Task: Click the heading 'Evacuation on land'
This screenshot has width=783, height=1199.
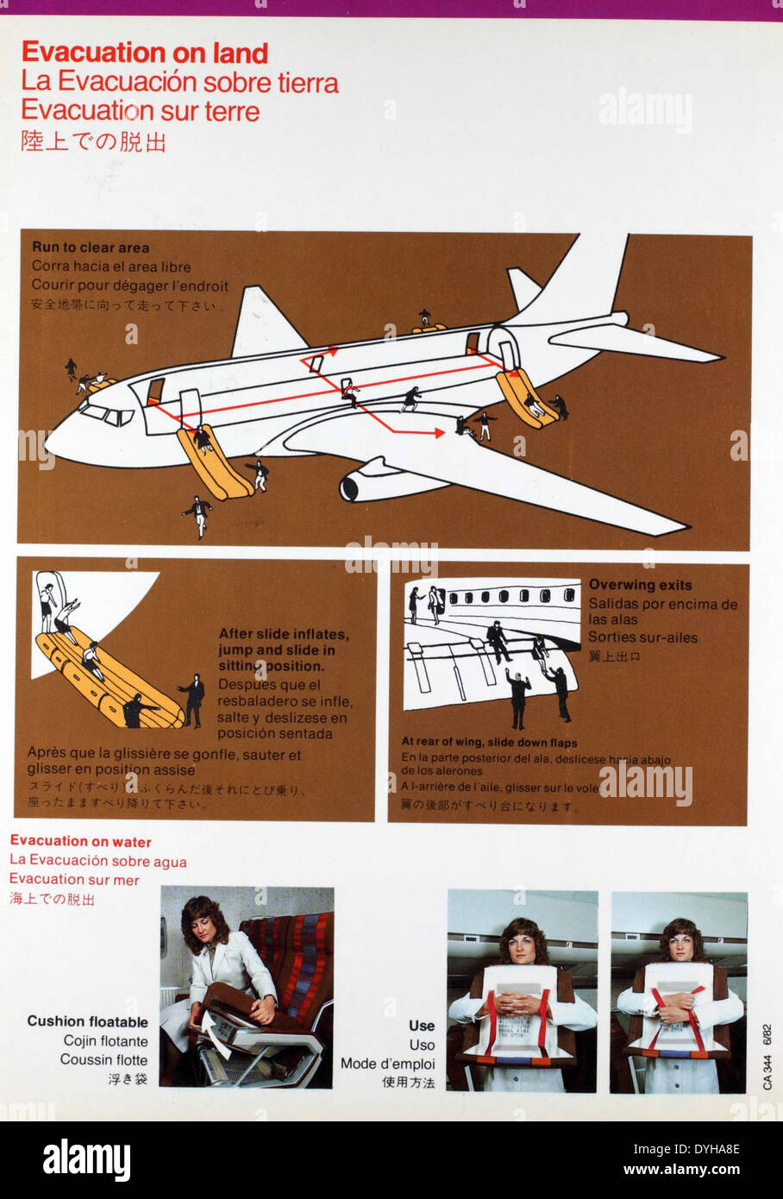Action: (145, 53)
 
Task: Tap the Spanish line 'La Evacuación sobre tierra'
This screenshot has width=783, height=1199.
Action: (179, 83)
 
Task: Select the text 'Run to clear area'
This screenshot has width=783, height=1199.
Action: (91, 248)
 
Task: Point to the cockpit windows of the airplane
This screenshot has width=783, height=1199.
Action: (109, 416)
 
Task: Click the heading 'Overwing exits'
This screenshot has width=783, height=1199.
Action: (640, 585)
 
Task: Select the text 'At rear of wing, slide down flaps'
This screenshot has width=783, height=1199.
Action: (489, 743)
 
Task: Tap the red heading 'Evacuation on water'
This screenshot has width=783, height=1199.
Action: (80, 842)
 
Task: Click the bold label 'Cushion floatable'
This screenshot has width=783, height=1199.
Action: (87, 1021)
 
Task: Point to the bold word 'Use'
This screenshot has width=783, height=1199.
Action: (422, 1026)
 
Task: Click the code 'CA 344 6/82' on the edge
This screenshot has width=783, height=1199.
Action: (767, 1057)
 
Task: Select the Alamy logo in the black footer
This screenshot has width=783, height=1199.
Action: (86, 1159)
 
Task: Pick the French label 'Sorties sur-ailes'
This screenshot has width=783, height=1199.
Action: (642, 638)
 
